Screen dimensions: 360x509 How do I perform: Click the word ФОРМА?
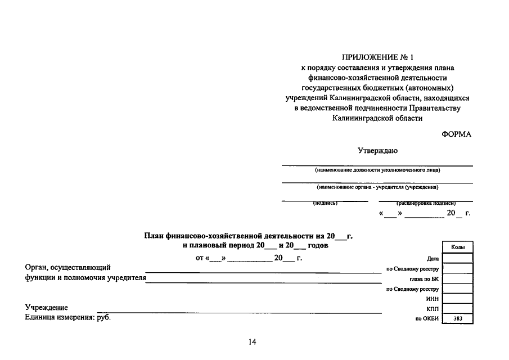(x=457, y=134)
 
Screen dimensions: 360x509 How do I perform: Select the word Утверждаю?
(x=377, y=151)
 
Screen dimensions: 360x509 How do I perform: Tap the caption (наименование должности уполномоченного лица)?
(x=377, y=170)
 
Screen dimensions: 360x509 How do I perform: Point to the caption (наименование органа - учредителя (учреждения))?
(x=377, y=187)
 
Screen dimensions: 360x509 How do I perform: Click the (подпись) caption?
(x=325, y=203)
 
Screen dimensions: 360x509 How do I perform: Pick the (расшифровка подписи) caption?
(x=426, y=203)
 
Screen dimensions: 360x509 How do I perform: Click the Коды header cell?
(x=457, y=247)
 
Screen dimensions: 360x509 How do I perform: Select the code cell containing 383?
(x=457, y=319)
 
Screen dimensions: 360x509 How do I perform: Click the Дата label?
(x=433, y=259)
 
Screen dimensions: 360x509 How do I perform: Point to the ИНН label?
(x=433, y=299)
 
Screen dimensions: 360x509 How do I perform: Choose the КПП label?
(x=433, y=309)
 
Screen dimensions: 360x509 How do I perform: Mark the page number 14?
(x=252, y=342)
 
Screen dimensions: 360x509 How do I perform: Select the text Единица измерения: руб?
(x=68, y=318)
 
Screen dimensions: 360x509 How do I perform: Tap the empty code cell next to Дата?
(x=457, y=258)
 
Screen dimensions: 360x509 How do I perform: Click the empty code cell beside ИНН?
(x=457, y=299)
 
